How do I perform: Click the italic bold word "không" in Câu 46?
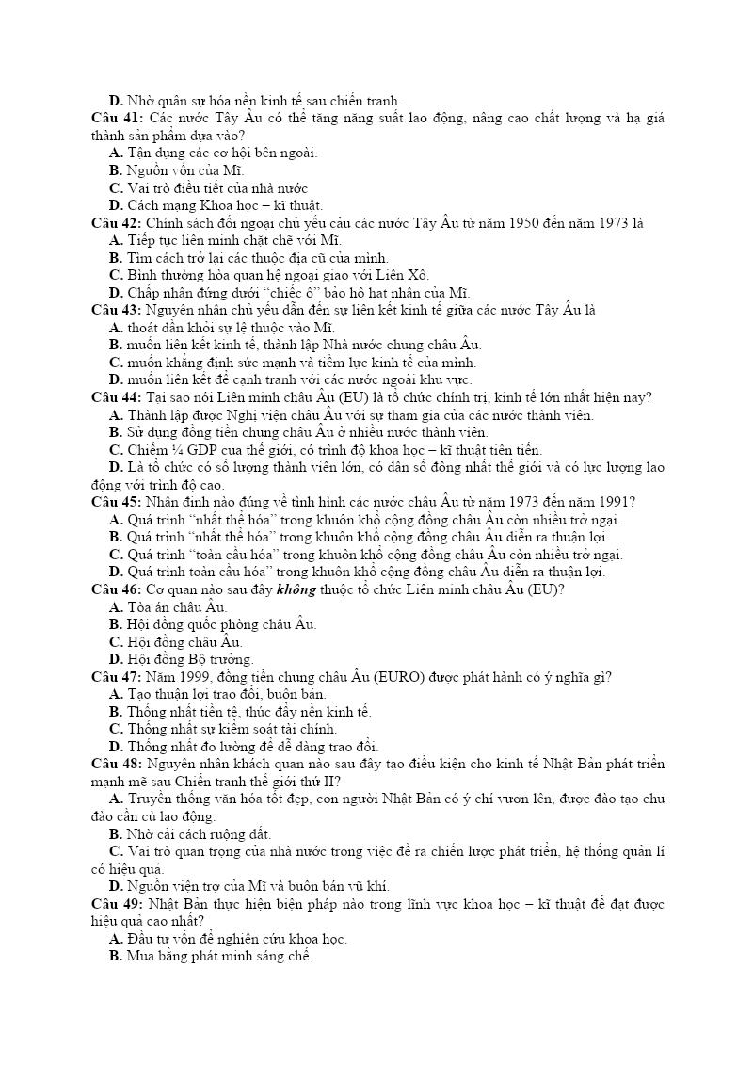[x=290, y=589]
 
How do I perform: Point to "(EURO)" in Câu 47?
[x=403, y=677]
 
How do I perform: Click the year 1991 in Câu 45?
[x=616, y=502]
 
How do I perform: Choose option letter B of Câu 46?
[x=116, y=624]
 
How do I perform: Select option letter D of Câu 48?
[x=116, y=886]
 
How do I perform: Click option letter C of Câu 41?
[x=116, y=188]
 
